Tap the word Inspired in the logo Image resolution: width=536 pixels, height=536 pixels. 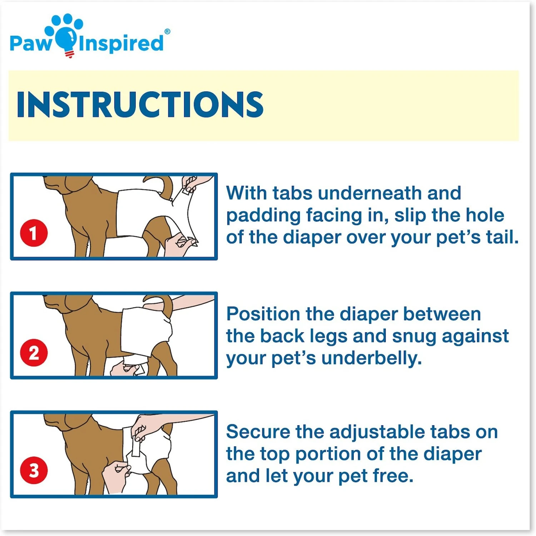coord(121,44)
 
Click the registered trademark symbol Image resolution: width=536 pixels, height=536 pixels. coord(167,31)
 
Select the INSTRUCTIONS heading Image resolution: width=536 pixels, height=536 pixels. coord(140,104)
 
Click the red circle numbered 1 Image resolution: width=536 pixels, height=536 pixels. coord(34,233)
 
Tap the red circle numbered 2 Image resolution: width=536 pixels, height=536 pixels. coord(34,353)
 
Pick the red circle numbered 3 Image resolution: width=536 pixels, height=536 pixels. coord(34,470)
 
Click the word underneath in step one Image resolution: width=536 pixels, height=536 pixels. coord(370,193)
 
